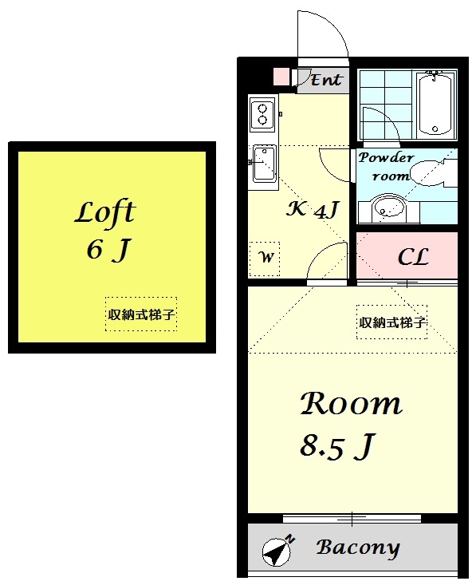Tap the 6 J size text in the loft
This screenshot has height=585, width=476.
pyautogui.click(x=107, y=251)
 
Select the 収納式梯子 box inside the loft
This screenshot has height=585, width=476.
pyautogui.click(x=141, y=314)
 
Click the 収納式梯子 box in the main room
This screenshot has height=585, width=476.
pyautogui.click(x=391, y=322)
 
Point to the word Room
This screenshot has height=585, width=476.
pyautogui.click(x=351, y=404)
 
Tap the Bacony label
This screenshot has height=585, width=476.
pyautogui.click(x=357, y=548)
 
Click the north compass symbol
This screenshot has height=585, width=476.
pyautogui.click(x=276, y=550)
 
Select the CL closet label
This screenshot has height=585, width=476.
pyautogui.click(x=413, y=257)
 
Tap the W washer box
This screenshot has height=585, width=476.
pyautogui.click(x=266, y=257)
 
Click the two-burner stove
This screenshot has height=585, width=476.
pyautogui.click(x=262, y=113)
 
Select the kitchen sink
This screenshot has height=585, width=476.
pyautogui.click(x=263, y=165)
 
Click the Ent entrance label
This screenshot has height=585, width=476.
pyautogui.click(x=325, y=79)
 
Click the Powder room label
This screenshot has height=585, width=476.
pyautogui.click(x=385, y=166)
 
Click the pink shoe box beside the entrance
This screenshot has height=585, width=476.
pyautogui.click(x=281, y=77)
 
